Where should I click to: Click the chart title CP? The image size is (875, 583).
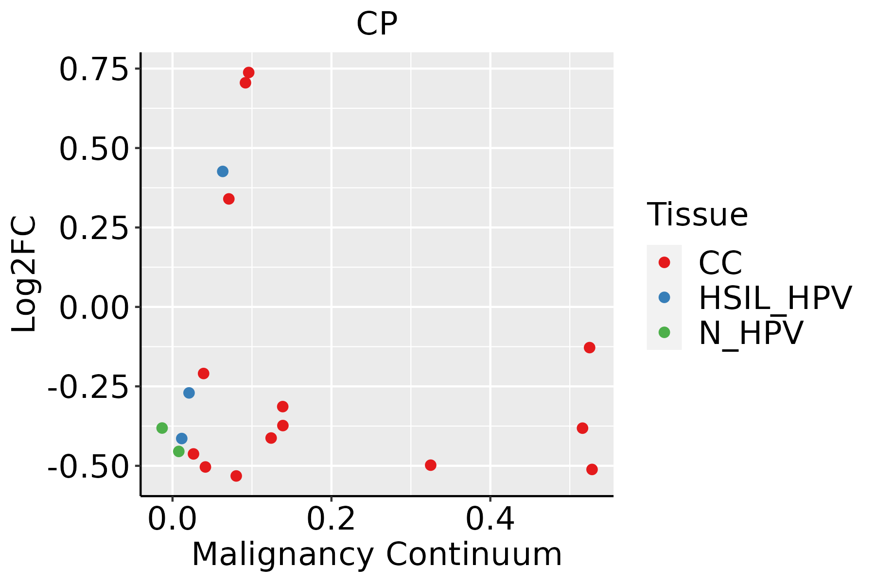click(377, 24)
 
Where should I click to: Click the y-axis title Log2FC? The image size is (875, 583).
click(24, 274)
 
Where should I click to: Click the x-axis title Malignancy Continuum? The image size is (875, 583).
click(377, 554)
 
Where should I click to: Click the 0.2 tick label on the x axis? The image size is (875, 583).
click(331, 519)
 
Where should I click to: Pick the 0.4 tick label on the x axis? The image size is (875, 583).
click(490, 519)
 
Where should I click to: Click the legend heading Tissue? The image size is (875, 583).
click(697, 214)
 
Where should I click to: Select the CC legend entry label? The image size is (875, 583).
click(720, 263)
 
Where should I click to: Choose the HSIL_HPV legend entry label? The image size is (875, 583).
click(775, 298)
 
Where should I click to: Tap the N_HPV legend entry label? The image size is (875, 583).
click(751, 333)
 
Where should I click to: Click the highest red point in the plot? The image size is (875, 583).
click(248, 72)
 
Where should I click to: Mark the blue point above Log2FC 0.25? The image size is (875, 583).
click(223, 171)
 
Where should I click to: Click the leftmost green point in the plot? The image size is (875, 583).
click(162, 428)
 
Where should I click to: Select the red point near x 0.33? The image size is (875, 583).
click(431, 465)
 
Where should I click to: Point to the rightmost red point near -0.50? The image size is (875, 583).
click(592, 469)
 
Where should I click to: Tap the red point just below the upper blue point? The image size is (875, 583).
click(229, 199)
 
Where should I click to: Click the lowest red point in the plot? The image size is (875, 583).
click(236, 476)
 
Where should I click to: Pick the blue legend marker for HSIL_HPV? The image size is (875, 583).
click(664, 297)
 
